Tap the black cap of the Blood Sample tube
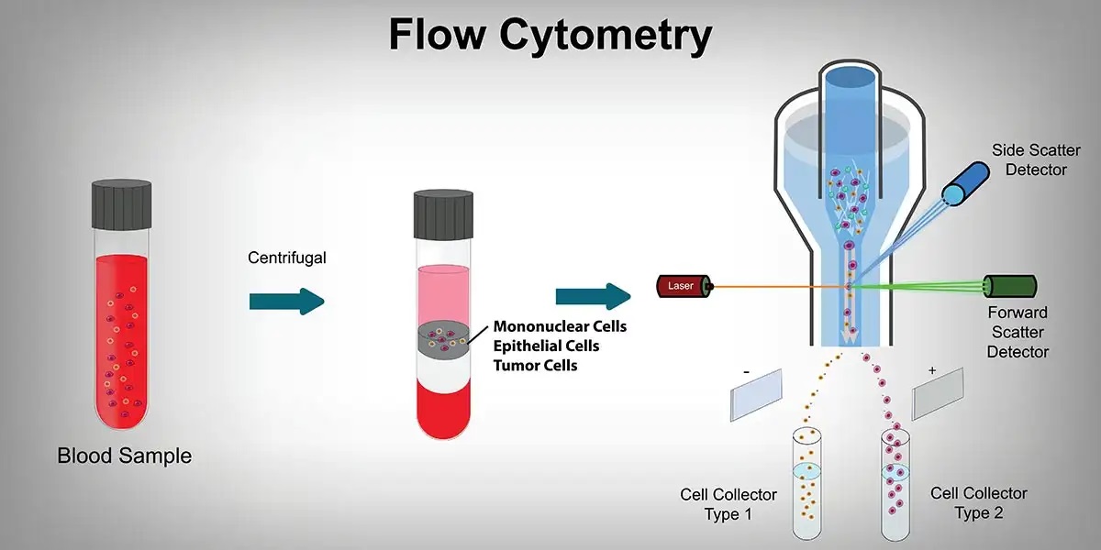(x=121, y=203)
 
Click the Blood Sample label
(x=125, y=455)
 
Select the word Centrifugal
(x=287, y=258)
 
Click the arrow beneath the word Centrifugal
(x=286, y=299)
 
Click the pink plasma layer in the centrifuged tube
(x=444, y=291)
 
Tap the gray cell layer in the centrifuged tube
(x=444, y=339)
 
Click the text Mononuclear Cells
(x=560, y=326)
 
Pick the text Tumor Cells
(x=536, y=366)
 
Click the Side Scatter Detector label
(x=1036, y=159)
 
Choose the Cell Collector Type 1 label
(x=728, y=504)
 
